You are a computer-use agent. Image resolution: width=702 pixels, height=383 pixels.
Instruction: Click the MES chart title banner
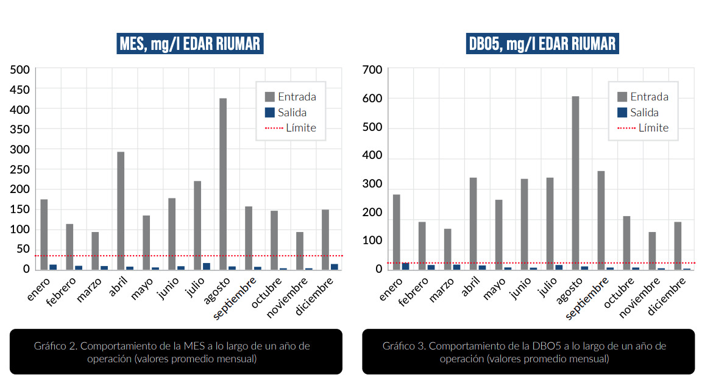[191, 44]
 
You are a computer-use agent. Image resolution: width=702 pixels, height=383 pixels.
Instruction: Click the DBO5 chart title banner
[542, 44]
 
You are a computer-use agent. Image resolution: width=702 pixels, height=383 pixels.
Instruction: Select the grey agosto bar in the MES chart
[223, 183]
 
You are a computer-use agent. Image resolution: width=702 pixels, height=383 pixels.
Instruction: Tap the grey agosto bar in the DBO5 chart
[575, 183]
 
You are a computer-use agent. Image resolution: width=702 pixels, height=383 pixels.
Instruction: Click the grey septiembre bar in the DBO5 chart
[601, 219]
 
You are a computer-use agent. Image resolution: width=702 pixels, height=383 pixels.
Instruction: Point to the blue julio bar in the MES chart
[207, 266]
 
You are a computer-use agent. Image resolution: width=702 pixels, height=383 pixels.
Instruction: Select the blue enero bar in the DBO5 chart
[405, 266]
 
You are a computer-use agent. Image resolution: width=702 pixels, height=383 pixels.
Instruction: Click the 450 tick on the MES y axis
[20, 90]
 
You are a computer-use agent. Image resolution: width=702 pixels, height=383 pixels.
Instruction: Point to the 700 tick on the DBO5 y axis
[372, 70]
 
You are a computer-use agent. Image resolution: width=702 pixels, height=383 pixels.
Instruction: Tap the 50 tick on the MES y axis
[23, 249]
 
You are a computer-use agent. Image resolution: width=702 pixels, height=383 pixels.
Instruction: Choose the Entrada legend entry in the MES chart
[290, 97]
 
